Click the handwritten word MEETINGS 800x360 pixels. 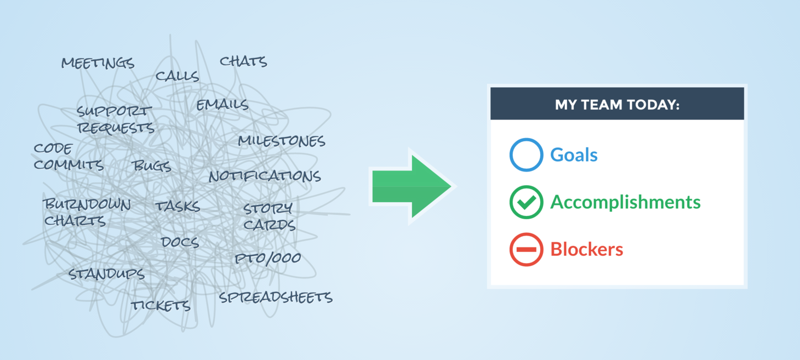pos(98,63)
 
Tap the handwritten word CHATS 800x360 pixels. pos(243,61)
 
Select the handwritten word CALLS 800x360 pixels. pos(177,76)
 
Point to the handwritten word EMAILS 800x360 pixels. pos(222,105)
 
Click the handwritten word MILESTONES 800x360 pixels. pos(282,141)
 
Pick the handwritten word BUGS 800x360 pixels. pos(151,165)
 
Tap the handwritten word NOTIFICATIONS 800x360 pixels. pos(265,176)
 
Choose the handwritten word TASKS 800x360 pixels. pos(178,206)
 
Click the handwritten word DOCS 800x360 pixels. pos(180,242)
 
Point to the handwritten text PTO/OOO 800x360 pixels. pos(268,259)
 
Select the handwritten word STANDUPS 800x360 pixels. pos(106,274)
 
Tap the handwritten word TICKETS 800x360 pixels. pos(161,305)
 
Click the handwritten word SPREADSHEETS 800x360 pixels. pos(276,297)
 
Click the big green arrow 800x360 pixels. pos(411,186)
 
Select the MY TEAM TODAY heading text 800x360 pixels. pos(617,105)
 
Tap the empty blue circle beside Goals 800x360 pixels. pos(527,155)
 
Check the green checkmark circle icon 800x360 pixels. pos(527,202)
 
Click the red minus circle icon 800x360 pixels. pos(527,249)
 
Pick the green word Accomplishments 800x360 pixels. pos(625,203)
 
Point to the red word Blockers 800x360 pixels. pos(587,249)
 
